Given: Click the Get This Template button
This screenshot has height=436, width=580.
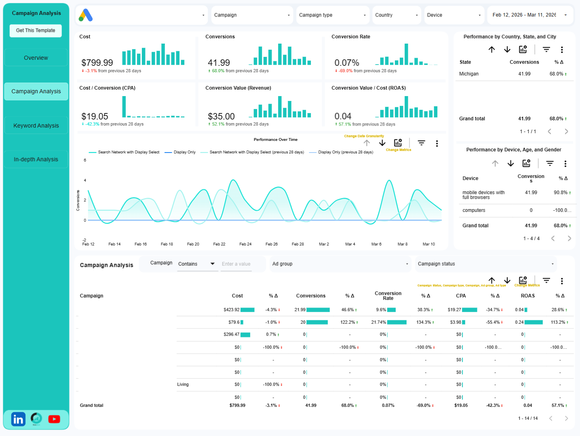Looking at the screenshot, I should click(36, 31).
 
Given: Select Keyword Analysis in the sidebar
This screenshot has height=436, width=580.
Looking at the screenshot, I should click(36, 126).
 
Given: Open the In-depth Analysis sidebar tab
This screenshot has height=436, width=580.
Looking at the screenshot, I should click(36, 159).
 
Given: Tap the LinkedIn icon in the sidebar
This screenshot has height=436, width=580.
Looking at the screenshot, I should click(18, 419).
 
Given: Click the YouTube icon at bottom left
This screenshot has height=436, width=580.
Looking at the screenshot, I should click(54, 419).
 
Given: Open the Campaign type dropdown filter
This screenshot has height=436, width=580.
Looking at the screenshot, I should click(332, 15).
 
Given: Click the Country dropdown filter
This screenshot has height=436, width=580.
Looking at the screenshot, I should click(397, 15).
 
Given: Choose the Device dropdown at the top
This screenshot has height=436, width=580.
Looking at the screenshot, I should click(453, 15).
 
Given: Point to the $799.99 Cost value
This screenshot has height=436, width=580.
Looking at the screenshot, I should click(97, 63).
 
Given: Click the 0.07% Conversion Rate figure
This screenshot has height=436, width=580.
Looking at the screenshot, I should click(346, 63).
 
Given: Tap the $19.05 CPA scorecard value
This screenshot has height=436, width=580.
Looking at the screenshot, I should click(95, 116).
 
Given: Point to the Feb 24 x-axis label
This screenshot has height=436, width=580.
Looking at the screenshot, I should click(245, 244).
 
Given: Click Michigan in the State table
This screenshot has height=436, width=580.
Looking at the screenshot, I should click(468, 74).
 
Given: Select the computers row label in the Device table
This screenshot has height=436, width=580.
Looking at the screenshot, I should click(474, 210).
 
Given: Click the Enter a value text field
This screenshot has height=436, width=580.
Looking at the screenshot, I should click(236, 264).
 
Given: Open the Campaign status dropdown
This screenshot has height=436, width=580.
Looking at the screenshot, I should click(485, 264).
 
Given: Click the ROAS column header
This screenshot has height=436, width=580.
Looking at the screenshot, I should click(527, 296).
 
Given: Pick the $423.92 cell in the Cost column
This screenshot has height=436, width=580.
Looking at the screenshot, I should click(231, 310).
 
